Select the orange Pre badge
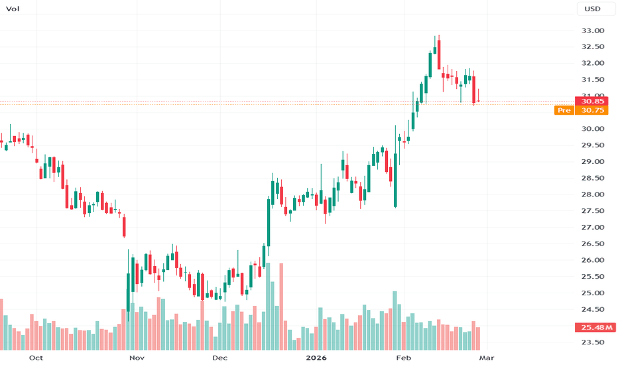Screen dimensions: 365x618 click(564, 110)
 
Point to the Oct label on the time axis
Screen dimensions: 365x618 click(36, 358)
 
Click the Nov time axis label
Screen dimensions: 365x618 click(137, 358)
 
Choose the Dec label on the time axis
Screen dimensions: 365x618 click(219, 358)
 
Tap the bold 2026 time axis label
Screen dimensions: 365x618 click(315, 358)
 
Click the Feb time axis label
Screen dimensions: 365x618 click(402, 358)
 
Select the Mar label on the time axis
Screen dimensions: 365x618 click(486, 358)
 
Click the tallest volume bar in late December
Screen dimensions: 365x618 click(281, 307)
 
